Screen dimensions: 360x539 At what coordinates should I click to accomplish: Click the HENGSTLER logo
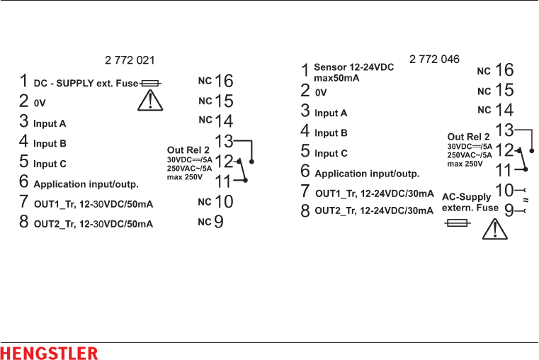tap(49, 353)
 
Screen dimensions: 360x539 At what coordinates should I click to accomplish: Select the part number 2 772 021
tap(130, 60)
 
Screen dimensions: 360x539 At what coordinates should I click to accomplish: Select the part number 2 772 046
tap(434, 59)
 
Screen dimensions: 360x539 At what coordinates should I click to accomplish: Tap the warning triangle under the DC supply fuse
tap(149, 101)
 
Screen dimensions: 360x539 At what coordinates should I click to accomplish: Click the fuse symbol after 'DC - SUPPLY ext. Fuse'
tap(151, 83)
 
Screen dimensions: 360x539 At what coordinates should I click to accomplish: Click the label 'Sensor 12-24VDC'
tap(353, 67)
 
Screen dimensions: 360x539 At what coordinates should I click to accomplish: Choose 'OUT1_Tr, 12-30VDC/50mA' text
tap(93, 204)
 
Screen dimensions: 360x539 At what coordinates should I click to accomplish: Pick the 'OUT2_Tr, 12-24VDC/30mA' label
tap(374, 210)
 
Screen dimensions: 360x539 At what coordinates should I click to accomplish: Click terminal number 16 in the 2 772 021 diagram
tap(224, 81)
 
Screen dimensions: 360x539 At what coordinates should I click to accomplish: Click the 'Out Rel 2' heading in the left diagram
tap(188, 150)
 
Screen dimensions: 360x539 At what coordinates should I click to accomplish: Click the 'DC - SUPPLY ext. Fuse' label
tap(86, 83)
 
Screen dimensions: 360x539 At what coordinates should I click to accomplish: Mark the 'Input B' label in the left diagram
tap(50, 143)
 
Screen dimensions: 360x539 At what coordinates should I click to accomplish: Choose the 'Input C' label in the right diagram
tap(331, 153)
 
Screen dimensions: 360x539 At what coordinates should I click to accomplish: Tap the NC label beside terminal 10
tap(205, 202)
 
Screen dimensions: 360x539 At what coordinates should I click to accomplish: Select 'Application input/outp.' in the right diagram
tap(367, 174)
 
